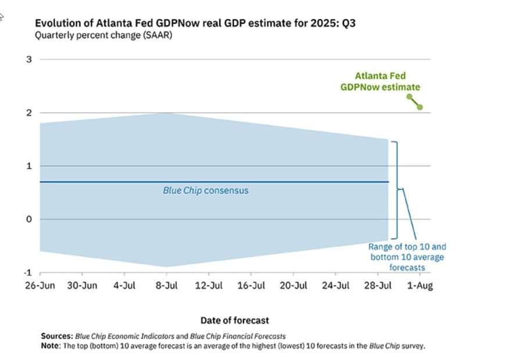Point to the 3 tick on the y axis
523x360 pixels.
(28, 59)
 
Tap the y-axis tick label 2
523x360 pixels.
(28, 113)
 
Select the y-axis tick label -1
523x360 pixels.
(27, 273)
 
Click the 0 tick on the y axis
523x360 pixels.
(28, 219)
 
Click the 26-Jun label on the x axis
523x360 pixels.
(40, 286)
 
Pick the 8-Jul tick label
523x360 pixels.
(167, 286)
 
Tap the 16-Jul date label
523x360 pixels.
(252, 286)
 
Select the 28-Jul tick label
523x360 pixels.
(378, 286)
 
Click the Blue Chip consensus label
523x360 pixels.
(205, 190)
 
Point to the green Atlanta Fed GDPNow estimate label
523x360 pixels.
(380, 81)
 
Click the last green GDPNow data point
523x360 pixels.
(420, 107)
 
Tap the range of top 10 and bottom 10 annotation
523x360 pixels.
(407, 257)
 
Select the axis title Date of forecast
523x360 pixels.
(235, 320)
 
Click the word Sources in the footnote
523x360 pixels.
(57, 336)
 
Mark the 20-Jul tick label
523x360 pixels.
(294, 286)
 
